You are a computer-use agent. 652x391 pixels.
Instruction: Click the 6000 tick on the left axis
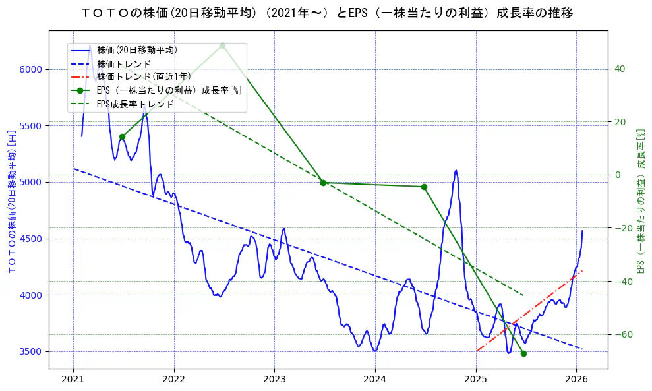tap(30, 69)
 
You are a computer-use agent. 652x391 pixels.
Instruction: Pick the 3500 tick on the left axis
tap(30, 351)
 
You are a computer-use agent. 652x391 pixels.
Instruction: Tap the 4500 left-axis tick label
tap(30, 239)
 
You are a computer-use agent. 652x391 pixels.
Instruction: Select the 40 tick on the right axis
tap(620, 69)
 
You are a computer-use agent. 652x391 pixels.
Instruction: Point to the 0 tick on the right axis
tap(618, 175)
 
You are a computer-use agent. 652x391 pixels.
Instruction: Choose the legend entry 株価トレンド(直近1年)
tap(144, 76)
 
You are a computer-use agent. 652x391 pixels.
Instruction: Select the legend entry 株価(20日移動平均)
tap(136, 49)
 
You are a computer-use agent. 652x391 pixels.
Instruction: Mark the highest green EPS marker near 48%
tap(222, 45)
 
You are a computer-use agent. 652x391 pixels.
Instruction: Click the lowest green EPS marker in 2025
tap(523, 353)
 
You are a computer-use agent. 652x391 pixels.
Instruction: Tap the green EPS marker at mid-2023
tap(323, 183)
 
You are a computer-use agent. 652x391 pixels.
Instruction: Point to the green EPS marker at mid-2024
tap(424, 187)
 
